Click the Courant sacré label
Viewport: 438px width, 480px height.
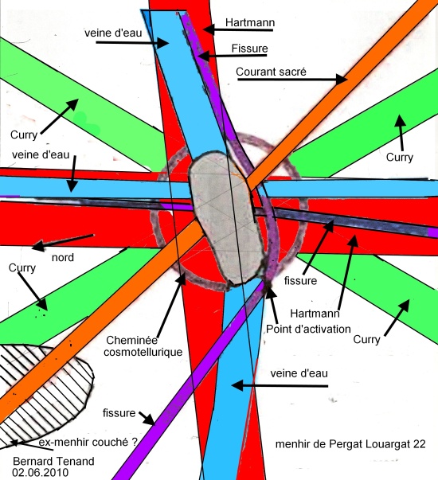271,72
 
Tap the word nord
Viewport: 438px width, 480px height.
63,257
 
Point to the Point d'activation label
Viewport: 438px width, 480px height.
308,329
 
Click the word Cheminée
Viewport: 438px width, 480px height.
131,340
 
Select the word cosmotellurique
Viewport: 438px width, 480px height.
143,352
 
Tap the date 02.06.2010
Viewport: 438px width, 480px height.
40,472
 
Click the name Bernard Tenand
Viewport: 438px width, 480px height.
53,461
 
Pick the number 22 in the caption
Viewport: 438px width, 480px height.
420,444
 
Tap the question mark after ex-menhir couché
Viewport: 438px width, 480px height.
135,442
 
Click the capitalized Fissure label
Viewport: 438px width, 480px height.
249,49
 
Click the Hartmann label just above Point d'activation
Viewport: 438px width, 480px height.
315,314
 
